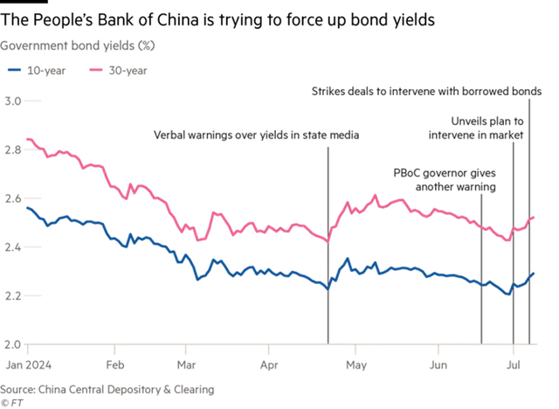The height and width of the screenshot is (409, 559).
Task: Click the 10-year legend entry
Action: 37,71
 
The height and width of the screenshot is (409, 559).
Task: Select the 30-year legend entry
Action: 118,71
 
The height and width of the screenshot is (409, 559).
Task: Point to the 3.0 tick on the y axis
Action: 13,101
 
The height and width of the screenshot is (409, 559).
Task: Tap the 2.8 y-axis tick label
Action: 13,149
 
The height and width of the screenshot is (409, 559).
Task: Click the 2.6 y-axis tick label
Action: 13,198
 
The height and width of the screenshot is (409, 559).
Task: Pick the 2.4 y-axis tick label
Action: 13,247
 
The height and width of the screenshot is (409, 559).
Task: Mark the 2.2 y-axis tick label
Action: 13,296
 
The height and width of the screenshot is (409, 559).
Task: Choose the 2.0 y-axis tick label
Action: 13,344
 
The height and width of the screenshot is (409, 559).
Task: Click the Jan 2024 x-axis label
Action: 29,365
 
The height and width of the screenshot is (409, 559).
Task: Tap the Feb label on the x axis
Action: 115,365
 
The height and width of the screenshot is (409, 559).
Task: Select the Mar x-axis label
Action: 186,365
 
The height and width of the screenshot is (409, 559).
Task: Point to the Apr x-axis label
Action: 269,365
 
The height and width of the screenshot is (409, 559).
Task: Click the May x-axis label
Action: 356,365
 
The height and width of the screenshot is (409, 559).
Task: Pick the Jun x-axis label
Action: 438,365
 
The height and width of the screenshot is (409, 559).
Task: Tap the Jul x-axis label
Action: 514,365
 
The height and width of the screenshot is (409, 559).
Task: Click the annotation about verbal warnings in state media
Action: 256,135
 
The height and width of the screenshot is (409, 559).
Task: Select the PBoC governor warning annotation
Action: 445,180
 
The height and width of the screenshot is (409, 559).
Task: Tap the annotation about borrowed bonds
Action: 427,91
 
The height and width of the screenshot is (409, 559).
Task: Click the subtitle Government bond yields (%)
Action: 78,45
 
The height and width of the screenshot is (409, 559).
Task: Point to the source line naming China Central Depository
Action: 107,390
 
